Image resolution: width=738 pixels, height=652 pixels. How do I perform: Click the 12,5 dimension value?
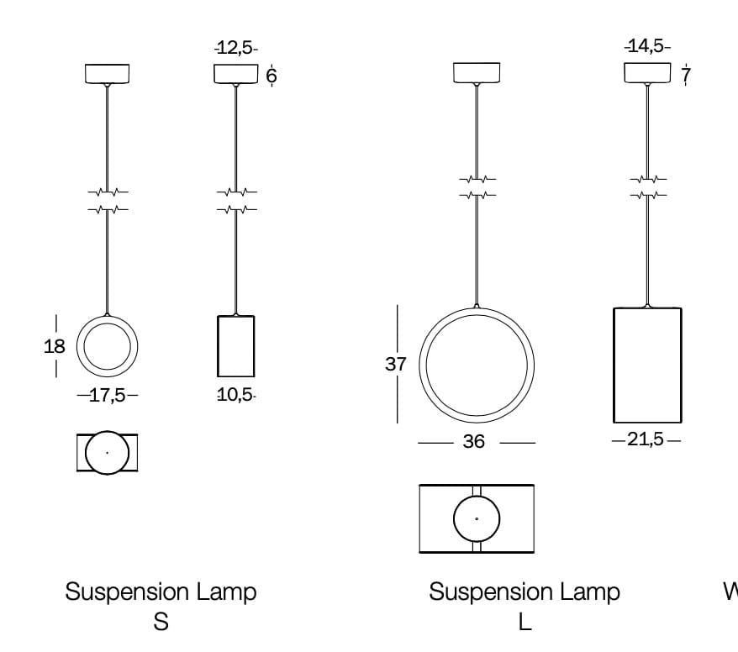pyautogui.click(x=236, y=49)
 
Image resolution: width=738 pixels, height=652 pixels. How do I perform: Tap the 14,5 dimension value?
pyautogui.click(x=647, y=46)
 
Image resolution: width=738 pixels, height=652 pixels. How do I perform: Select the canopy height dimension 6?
pyautogui.click(x=271, y=76)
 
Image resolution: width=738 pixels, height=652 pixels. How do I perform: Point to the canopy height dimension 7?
pyautogui.click(x=686, y=76)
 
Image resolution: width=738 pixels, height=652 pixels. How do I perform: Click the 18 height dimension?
pyautogui.click(x=55, y=346)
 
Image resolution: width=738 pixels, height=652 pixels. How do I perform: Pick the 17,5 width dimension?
pyautogui.click(x=107, y=395)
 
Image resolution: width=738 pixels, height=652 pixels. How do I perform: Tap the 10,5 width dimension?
pyautogui.click(x=235, y=395)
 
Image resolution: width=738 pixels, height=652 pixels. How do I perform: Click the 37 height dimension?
pyautogui.click(x=396, y=365)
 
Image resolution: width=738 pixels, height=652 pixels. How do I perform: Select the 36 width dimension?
pyautogui.click(x=474, y=442)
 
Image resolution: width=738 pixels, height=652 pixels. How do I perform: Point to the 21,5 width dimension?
pyautogui.click(x=646, y=439)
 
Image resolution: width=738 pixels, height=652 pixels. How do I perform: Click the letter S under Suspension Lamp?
pyautogui.click(x=161, y=623)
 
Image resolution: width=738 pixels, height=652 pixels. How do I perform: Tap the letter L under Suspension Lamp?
pyautogui.click(x=525, y=623)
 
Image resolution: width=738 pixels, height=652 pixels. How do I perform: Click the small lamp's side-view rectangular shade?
pyautogui.click(x=235, y=345)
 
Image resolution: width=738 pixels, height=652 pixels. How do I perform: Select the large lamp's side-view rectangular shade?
pyautogui.click(x=646, y=365)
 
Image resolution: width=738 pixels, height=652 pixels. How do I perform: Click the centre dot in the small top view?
pyautogui.click(x=107, y=453)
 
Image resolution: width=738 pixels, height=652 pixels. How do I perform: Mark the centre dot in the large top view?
pyautogui.click(x=477, y=518)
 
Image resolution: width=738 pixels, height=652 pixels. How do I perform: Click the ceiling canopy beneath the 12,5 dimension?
pyautogui.click(x=235, y=74)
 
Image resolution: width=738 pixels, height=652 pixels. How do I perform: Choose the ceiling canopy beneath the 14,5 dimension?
pyautogui.click(x=647, y=73)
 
